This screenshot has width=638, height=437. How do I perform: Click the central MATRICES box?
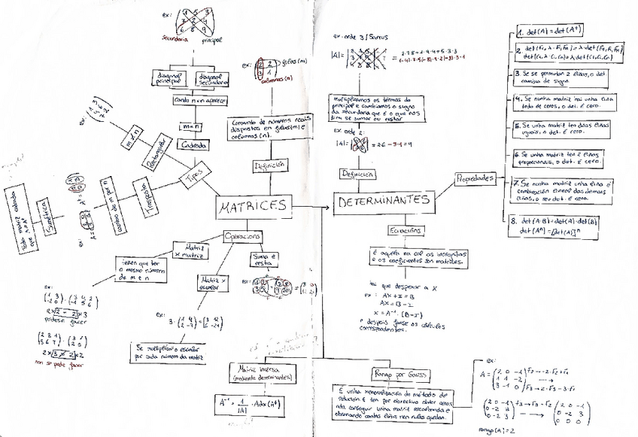pyautogui.click(x=253, y=206)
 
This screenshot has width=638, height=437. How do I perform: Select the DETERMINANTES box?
pyautogui.click(x=384, y=202)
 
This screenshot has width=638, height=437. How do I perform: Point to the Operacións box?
pyautogui.click(x=243, y=236)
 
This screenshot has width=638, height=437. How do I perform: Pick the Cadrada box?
pyautogui.click(x=194, y=144)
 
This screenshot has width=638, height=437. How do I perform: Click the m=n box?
pyautogui.click(x=190, y=127)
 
